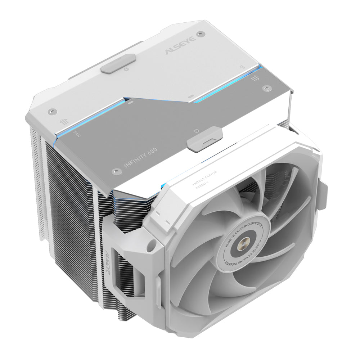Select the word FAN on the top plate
pos(76,134)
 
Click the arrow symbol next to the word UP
pos(255,78)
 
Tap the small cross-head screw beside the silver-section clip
pos(197,130)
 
